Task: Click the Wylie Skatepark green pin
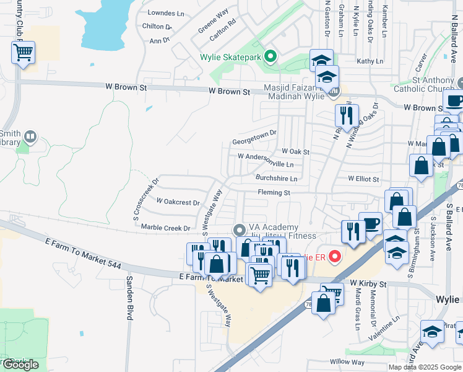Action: pos(270,57)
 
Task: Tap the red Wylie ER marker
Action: pos(335,255)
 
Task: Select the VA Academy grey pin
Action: pos(240,230)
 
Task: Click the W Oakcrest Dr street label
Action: pos(178,202)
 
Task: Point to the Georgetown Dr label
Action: pos(254,141)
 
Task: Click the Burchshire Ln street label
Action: pos(277,179)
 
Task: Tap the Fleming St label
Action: pos(274,193)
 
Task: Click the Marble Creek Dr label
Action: pos(165,228)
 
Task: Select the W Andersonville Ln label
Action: pos(266,161)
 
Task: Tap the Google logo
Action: pos(20,365)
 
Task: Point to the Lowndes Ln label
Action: pos(167,13)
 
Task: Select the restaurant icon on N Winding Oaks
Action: pos(347,115)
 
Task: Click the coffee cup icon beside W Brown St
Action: pos(454,100)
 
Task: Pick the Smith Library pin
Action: pos(30,136)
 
